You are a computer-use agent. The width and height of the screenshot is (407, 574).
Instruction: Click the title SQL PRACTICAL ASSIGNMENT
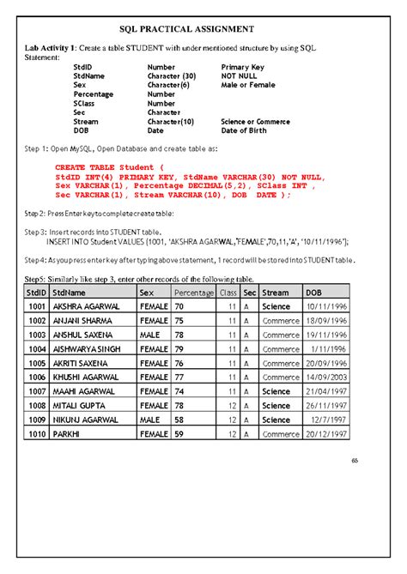tap(203, 28)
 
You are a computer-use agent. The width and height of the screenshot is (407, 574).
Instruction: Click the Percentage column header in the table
tap(193, 293)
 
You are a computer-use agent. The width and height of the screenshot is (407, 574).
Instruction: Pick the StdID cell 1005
tap(37, 363)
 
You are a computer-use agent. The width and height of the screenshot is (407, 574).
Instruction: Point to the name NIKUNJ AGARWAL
tap(87, 420)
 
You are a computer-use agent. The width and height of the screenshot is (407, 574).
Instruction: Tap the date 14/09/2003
tap(325, 377)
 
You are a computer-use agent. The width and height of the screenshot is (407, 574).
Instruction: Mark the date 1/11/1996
tap(329, 348)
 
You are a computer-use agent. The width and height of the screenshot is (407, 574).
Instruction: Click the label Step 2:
tap(34, 213)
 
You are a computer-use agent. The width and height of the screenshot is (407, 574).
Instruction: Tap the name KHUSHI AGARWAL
tap(86, 377)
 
